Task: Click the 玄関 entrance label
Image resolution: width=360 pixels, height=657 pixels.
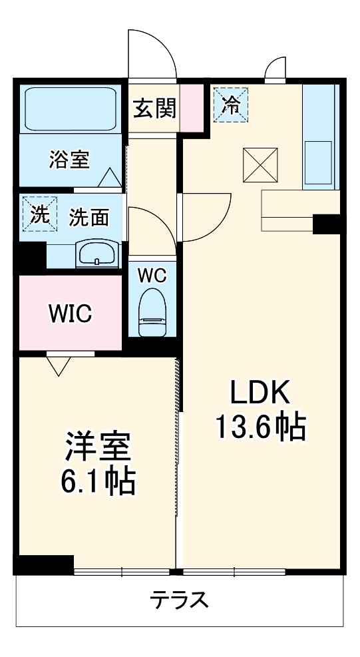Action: [x=154, y=108]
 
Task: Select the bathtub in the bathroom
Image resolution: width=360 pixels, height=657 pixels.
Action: [x=70, y=109]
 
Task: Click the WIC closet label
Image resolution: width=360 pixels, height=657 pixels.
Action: [x=70, y=312]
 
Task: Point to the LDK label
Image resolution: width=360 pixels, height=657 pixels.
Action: [x=260, y=394]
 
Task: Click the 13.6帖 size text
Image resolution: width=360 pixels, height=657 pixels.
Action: [x=260, y=426]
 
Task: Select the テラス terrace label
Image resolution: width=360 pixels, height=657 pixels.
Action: [x=179, y=600]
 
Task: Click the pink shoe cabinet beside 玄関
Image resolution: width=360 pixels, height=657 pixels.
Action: [x=191, y=108]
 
